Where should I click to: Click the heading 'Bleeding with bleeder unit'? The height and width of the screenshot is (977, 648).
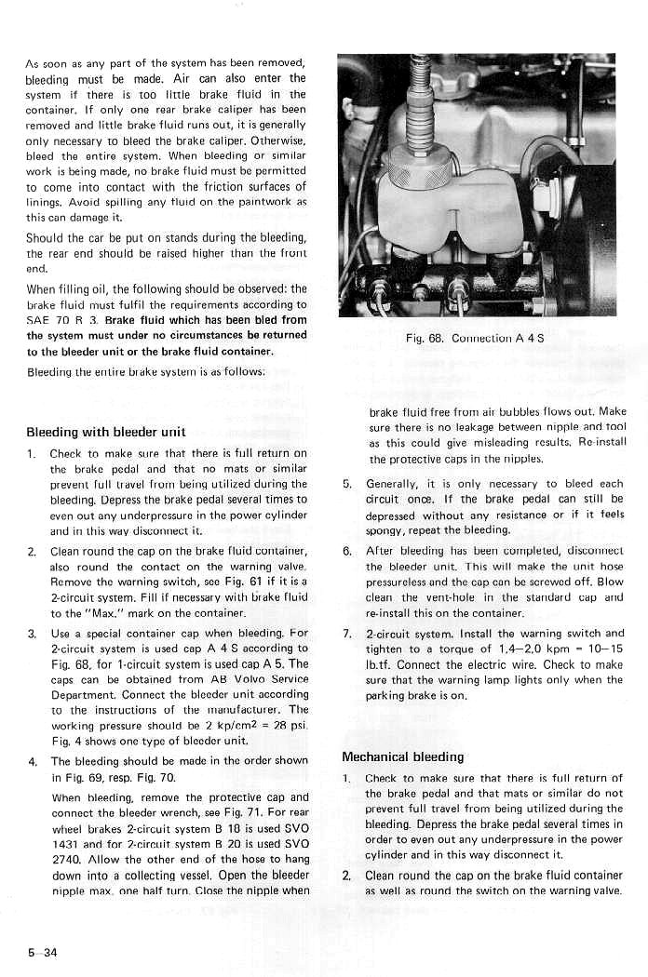pyautogui.click(x=106, y=432)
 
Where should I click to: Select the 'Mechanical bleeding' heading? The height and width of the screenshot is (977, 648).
pyautogui.click(x=402, y=756)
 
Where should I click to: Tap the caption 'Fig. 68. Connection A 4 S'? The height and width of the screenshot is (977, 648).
pyautogui.click(x=476, y=339)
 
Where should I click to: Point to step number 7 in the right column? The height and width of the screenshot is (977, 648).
pyautogui.click(x=346, y=634)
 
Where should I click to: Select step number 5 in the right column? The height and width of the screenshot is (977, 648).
pyautogui.click(x=346, y=485)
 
